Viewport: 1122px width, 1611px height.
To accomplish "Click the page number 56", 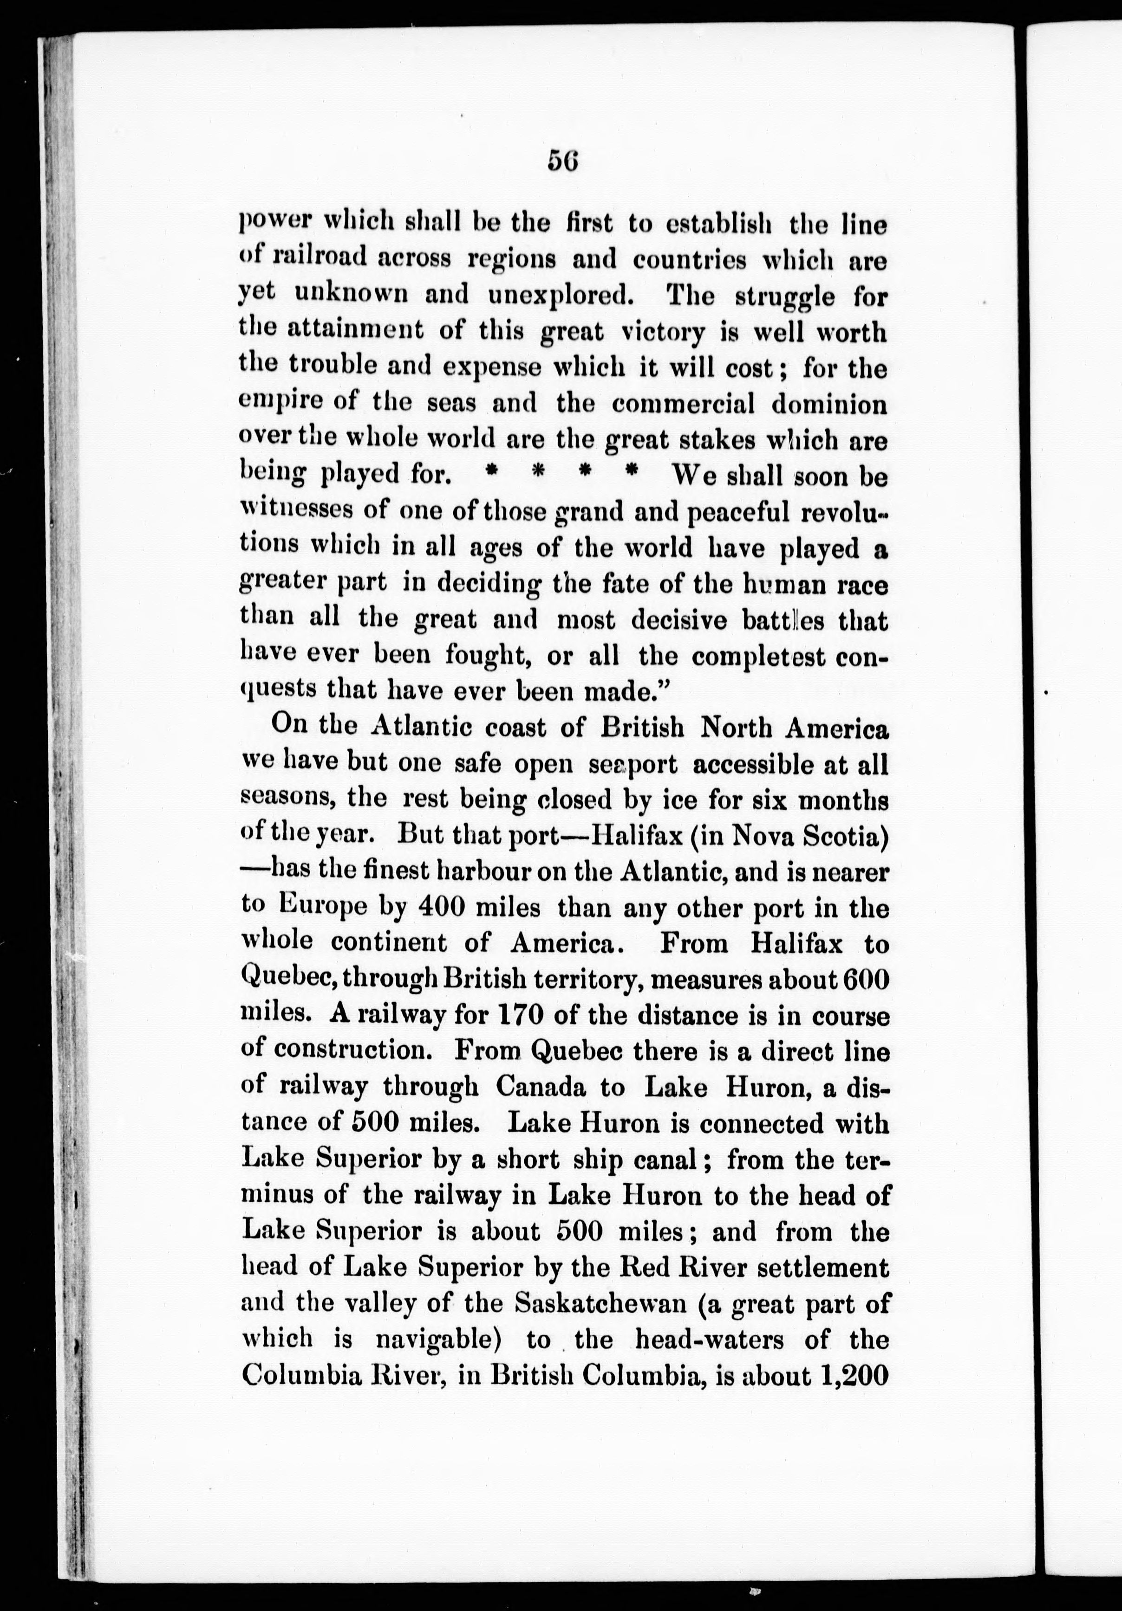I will [x=562, y=161].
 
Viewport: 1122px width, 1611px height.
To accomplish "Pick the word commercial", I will [x=683, y=404].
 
